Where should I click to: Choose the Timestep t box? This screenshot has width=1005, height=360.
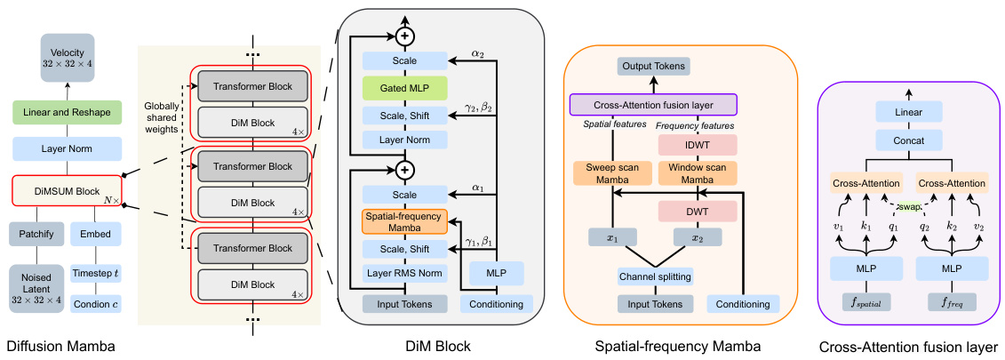pos(96,274)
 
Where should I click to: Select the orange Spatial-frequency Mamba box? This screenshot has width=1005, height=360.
pos(403,220)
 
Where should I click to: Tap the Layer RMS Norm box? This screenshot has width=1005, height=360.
pos(403,273)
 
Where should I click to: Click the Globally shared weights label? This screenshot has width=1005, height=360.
pos(166,116)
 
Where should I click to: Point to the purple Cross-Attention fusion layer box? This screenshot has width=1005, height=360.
pos(653,104)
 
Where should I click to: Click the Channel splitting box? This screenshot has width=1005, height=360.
pos(655,276)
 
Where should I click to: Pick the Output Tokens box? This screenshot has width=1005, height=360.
pos(653,66)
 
